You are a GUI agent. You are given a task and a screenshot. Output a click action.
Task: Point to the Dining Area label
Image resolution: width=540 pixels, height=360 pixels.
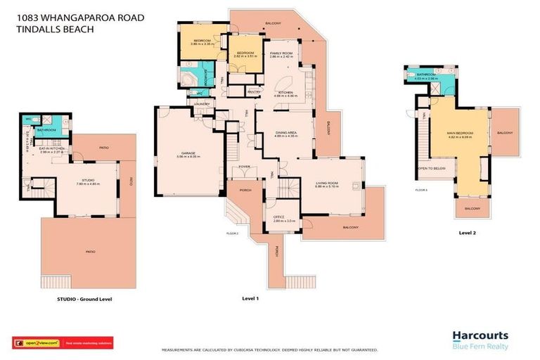coord(285,133)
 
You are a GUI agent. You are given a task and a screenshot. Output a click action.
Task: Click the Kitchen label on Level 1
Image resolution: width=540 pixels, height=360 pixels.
coord(285,93)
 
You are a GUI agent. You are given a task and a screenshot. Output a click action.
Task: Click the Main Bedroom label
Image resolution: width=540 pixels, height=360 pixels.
coord(460,133)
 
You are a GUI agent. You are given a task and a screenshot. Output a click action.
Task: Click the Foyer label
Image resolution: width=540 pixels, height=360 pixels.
coord(244,167)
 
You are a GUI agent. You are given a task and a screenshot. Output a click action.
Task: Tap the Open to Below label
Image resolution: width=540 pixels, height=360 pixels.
coord(432,169)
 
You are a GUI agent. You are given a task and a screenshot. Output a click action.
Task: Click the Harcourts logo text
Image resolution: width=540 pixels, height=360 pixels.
coord(480,335)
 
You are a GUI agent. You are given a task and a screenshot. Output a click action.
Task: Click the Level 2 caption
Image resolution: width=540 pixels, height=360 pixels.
coord(468,232)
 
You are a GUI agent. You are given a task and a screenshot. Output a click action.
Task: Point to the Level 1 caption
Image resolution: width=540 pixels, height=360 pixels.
coord(251,299)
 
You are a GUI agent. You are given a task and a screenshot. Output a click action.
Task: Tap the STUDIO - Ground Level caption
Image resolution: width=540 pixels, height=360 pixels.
coord(84,299)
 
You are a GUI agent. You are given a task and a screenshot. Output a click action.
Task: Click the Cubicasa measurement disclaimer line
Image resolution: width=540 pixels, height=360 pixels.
coord(271,349)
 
